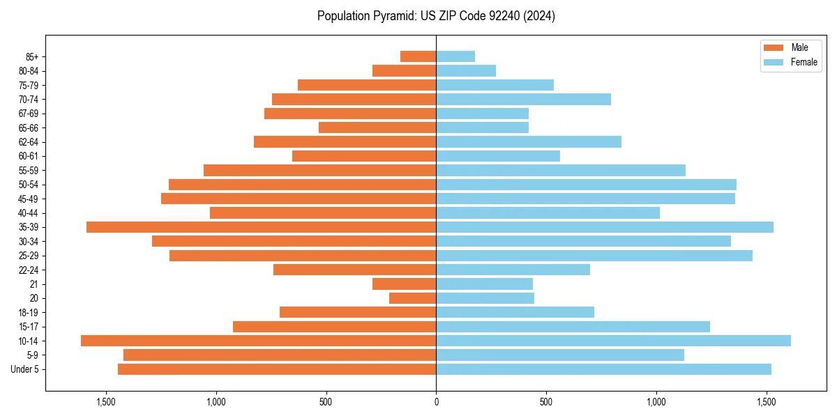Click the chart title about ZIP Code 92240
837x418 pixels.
436,16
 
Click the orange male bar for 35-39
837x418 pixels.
261,227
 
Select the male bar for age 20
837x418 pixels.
412,298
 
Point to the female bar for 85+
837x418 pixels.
455,56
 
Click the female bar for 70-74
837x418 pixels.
523,99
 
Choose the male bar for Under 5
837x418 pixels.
277,369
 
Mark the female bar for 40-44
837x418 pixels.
548,212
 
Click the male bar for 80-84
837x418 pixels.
404,70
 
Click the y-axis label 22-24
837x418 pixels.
29,270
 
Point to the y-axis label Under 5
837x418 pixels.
25,369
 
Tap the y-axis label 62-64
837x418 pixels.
29,141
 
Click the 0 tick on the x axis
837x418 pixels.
436,402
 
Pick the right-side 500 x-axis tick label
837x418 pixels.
546,402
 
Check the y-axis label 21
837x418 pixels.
34,284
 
